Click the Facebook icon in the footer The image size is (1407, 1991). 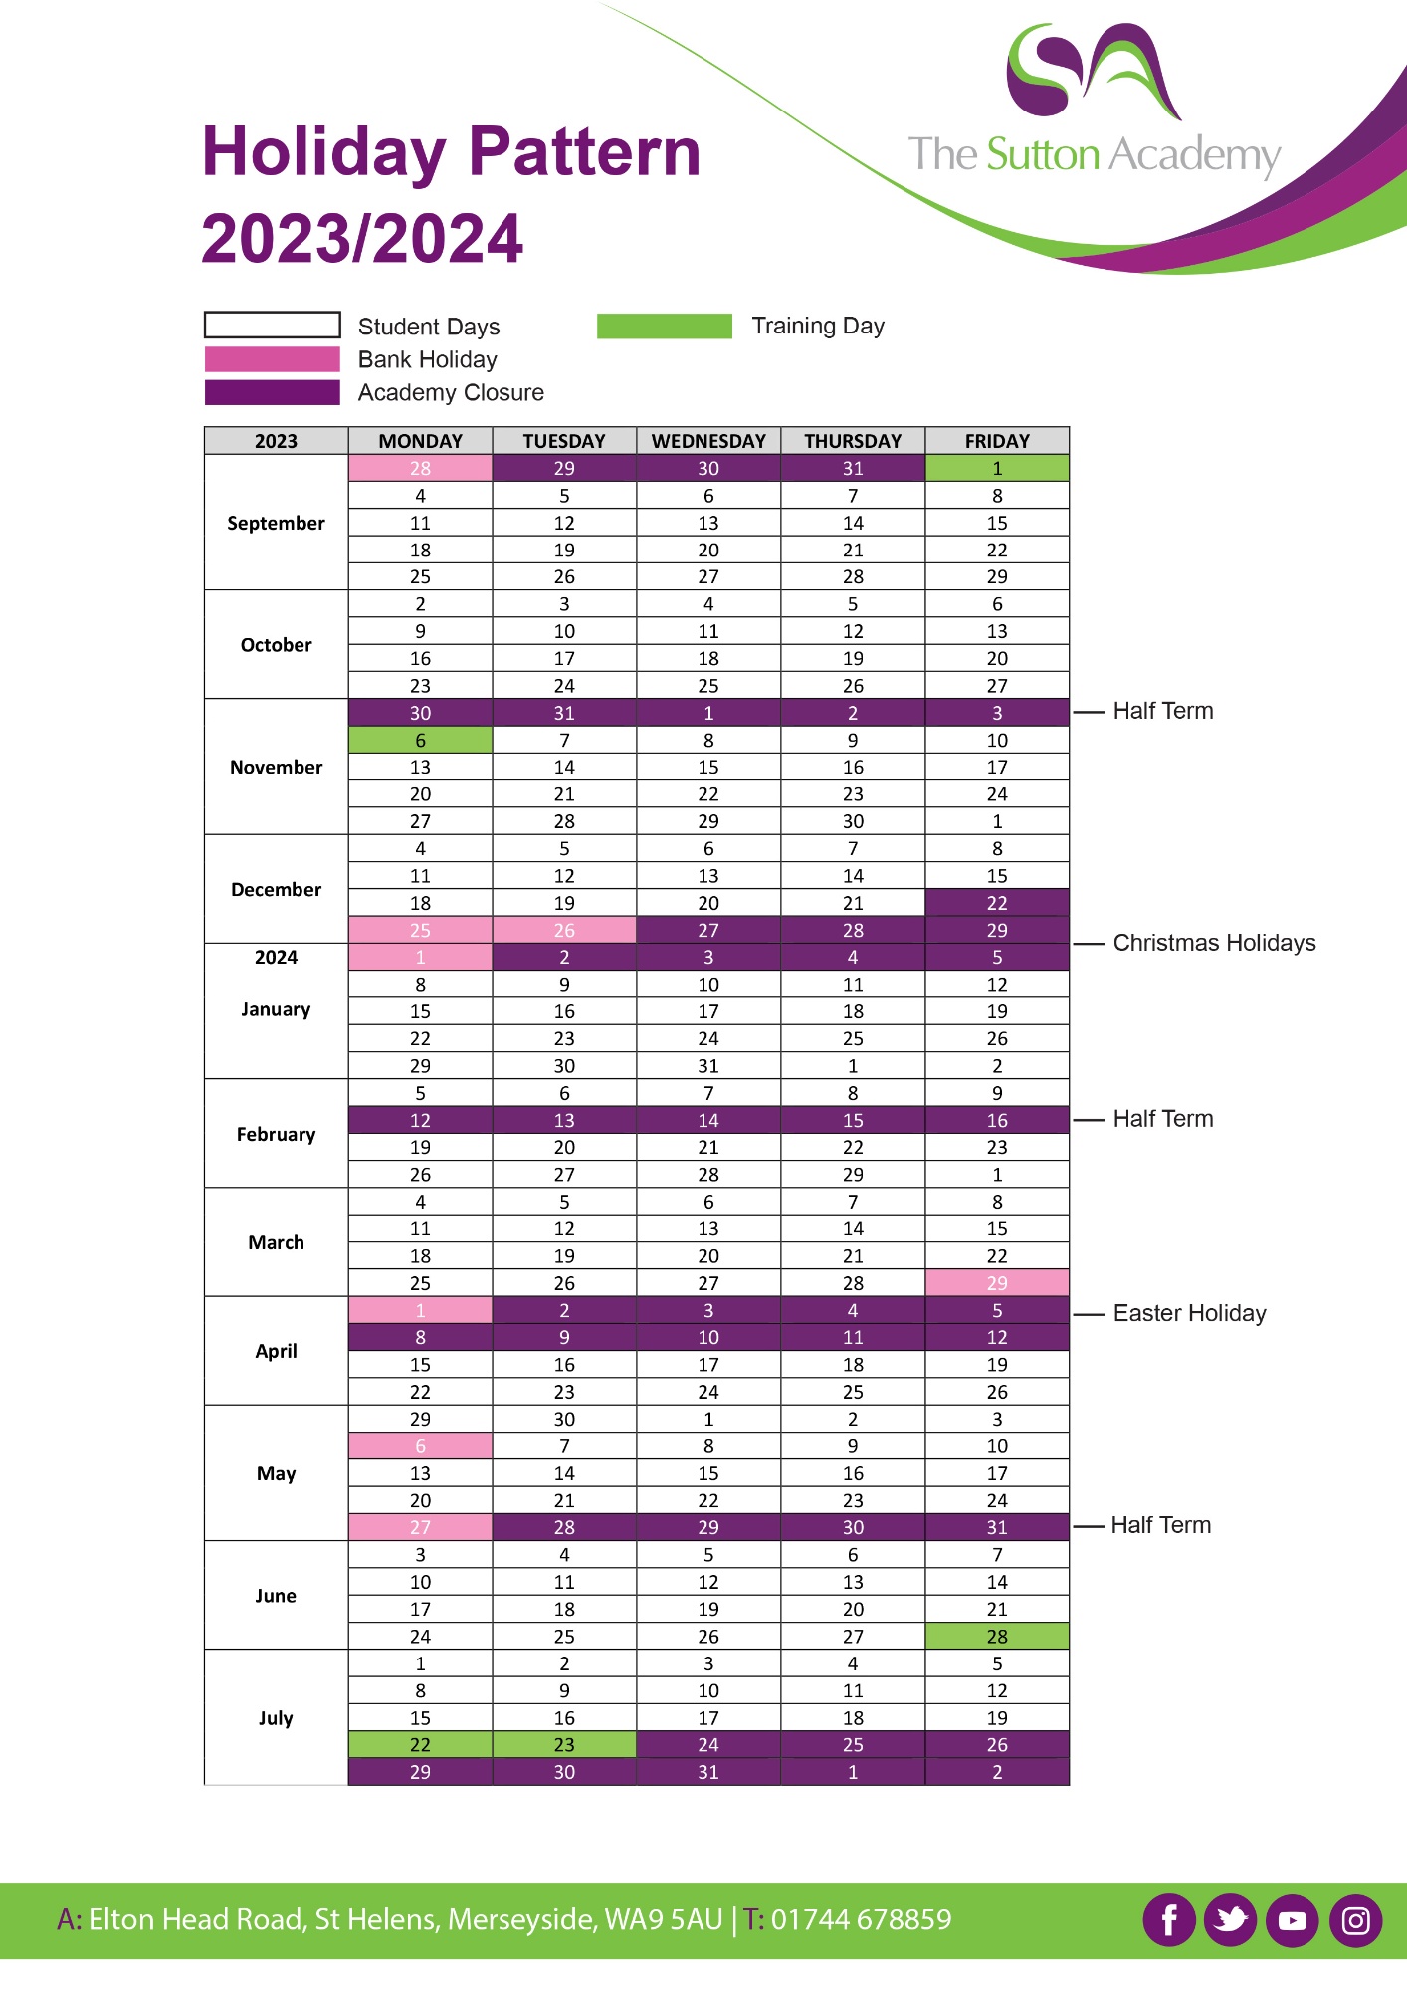click(x=1169, y=1919)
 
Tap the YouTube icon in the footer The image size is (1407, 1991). click(x=1293, y=1919)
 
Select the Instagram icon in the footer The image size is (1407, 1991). click(x=1355, y=1919)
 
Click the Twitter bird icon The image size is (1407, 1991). click(x=1231, y=1919)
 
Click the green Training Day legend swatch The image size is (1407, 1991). click(x=664, y=327)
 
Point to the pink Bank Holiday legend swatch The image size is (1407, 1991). click(x=272, y=359)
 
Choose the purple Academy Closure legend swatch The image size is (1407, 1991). click(x=272, y=392)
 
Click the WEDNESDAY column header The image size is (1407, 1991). click(x=708, y=441)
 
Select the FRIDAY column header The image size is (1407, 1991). click(x=997, y=441)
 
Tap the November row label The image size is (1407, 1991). click(x=276, y=767)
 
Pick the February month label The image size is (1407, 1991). click(x=276, y=1134)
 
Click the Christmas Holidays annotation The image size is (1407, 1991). click(x=1214, y=943)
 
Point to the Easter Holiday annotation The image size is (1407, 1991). click(x=1189, y=1313)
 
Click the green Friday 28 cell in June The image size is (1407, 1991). click(x=997, y=1636)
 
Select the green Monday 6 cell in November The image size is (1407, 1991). click(x=420, y=740)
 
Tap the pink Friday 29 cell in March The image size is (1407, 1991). click(x=997, y=1283)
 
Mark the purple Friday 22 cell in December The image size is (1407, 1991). click(x=997, y=903)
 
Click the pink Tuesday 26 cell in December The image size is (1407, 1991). click(x=564, y=930)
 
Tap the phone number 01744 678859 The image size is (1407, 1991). click(x=861, y=1919)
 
